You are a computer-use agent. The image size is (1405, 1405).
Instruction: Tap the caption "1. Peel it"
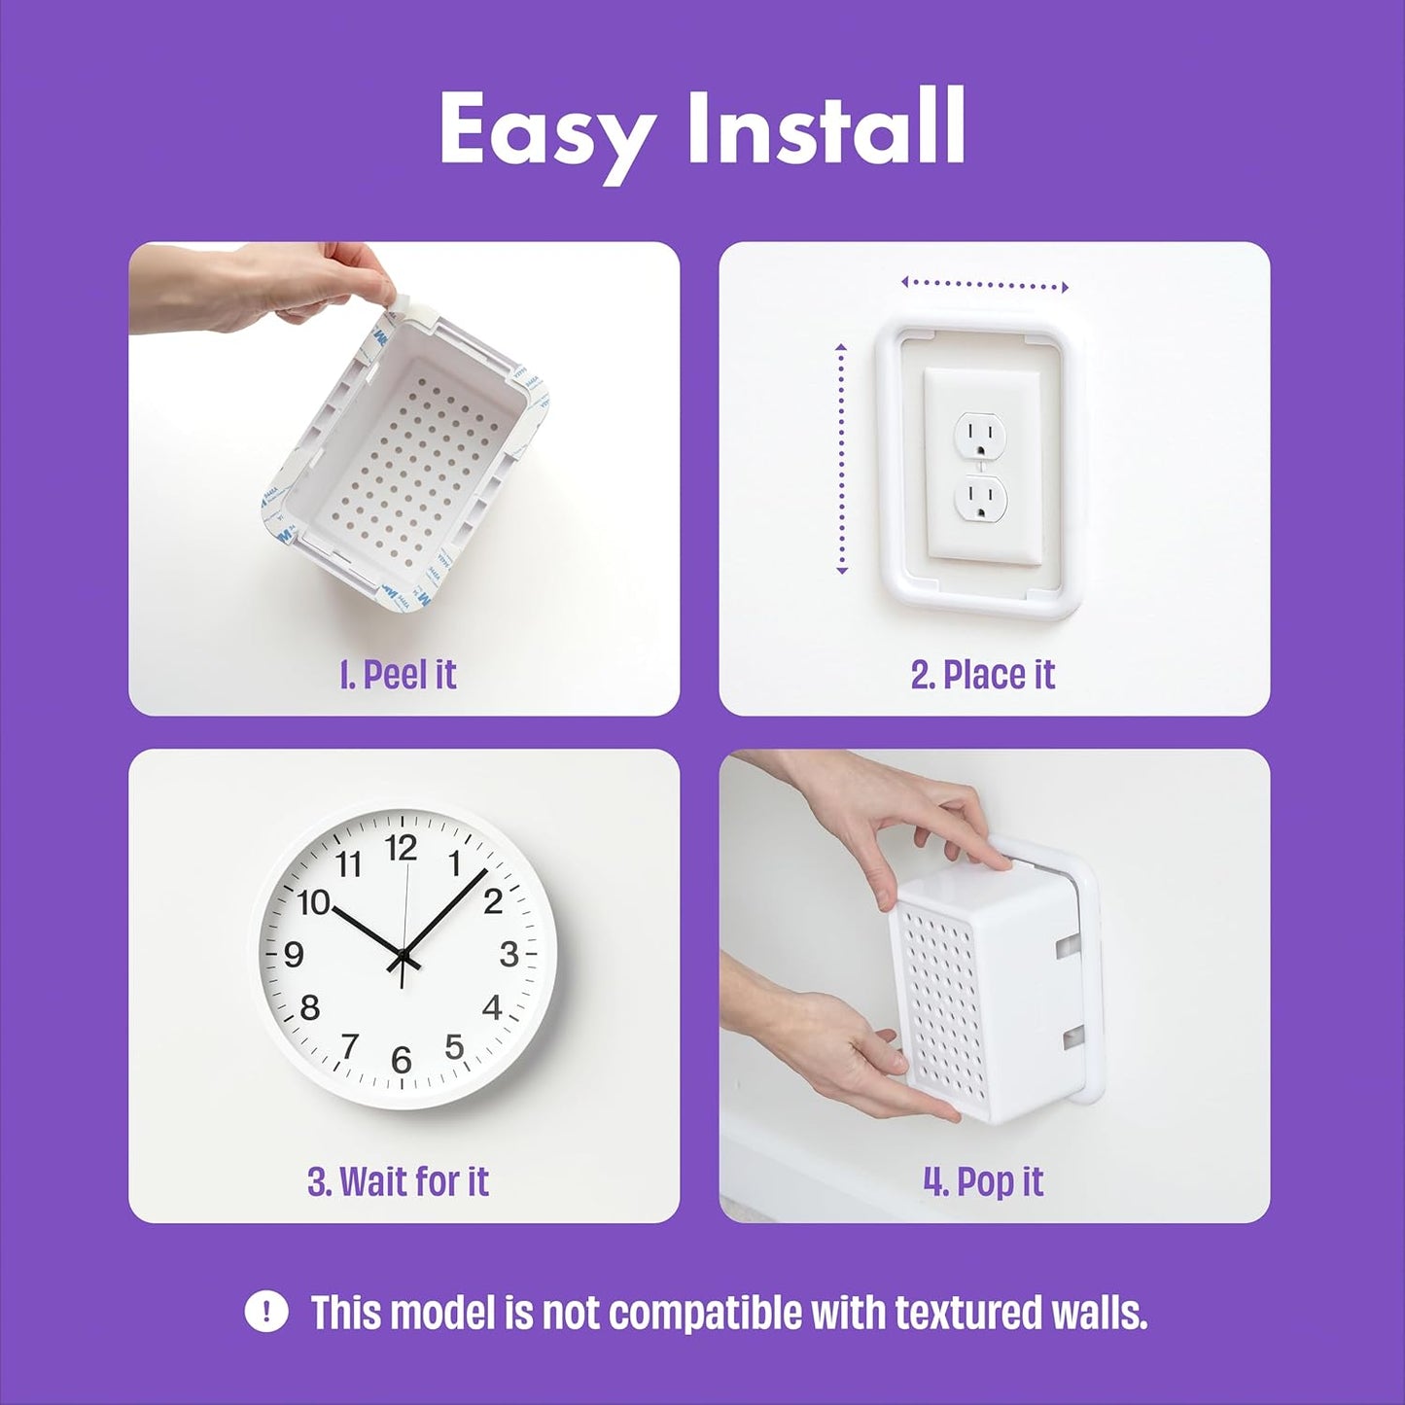coord(398,675)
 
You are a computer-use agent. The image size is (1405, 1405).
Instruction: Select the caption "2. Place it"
coord(983,675)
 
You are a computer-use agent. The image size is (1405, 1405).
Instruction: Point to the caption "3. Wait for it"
coord(398,1182)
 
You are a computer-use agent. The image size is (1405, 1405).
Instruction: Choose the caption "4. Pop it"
coord(983,1182)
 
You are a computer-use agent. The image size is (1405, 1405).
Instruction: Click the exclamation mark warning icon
coord(265,1312)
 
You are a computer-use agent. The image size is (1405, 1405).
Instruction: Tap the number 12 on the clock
coord(401,849)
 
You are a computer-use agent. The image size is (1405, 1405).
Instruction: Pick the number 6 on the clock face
coord(402,1060)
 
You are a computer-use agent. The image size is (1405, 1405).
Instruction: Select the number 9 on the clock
coord(295,955)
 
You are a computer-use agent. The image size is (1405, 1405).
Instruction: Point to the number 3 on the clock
coord(509,955)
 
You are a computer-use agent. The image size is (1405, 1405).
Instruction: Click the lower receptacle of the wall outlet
coord(980,500)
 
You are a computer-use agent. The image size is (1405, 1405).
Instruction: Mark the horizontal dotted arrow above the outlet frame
coord(984,285)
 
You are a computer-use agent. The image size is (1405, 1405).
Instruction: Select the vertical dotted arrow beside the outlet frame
coord(842,459)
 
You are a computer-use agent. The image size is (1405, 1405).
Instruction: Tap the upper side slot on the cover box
coord(1067,944)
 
